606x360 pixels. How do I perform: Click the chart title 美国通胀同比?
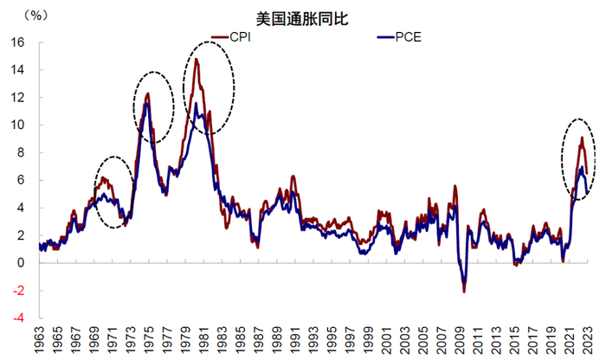tap(302, 18)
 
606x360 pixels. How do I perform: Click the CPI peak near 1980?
tap(197, 60)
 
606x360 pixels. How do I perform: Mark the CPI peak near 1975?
tap(148, 93)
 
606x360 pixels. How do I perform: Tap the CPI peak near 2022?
tap(581, 138)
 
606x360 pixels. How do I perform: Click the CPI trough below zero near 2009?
tap(464, 292)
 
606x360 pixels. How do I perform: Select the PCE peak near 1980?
tap(197, 104)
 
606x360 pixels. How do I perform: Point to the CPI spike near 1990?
tap(293, 177)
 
